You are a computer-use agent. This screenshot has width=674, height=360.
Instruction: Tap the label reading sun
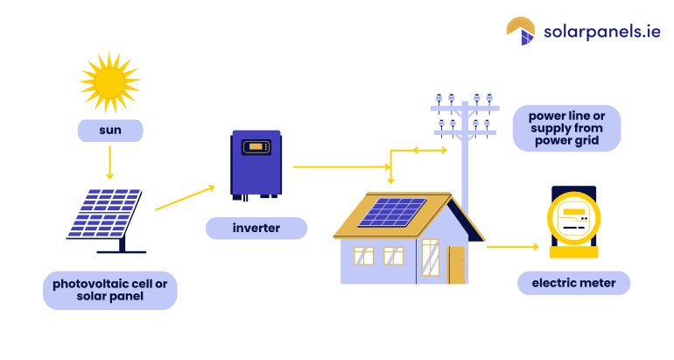[x=110, y=131]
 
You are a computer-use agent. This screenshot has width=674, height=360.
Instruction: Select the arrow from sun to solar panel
[x=110, y=162]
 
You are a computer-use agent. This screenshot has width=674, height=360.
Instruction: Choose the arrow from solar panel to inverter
[x=185, y=198]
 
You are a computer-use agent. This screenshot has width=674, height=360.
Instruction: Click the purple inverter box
[x=256, y=164]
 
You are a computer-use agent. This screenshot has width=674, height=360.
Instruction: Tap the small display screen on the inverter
[x=256, y=145]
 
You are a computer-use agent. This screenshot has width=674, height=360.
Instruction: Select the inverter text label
[x=256, y=229]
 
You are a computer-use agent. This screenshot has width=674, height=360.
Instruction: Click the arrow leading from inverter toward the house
[x=341, y=166]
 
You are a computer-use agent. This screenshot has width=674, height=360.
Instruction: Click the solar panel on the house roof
[x=393, y=211]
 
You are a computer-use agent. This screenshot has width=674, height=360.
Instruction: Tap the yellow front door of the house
[x=456, y=264]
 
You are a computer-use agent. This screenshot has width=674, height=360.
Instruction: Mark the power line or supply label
[x=566, y=128]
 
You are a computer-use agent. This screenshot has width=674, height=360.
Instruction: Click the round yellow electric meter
[x=573, y=222]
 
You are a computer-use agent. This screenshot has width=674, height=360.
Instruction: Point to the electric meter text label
[x=573, y=283]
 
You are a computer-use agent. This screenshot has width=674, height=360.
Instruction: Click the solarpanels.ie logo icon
[x=520, y=31]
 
